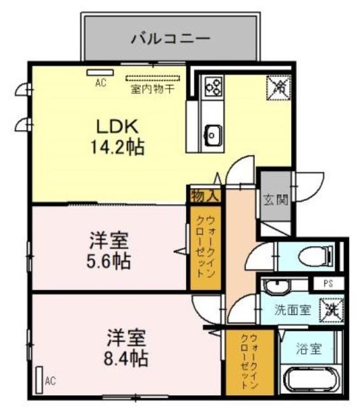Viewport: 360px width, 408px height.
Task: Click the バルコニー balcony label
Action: pyautogui.click(x=170, y=39)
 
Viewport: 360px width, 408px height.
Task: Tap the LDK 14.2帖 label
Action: pyautogui.click(x=117, y=137)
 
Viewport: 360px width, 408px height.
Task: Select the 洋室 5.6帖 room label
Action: pyautogui.click(x=108, y=251)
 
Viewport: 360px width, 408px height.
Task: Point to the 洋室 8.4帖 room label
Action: pyautogui.click(x=126, y=347)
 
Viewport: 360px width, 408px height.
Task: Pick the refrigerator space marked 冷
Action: pyautogui.click(x=278, y=88)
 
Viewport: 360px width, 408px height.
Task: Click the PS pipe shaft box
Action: pyautogui.click(x=329, y=283)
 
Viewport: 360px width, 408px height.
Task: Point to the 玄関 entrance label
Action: pyautogui.click(x=276, y=200)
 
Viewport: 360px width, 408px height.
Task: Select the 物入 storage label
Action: pyautogui.click(x=205, y=196)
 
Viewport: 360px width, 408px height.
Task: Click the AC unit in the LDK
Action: pyautogui.click(x=100, y=72)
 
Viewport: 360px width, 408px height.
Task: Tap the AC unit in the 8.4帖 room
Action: pyautogui.click(x=40, y=380)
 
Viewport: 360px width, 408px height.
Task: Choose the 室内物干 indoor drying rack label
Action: pyautogui.click(x=152, y=89)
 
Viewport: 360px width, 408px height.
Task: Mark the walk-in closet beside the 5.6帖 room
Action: pyautogui.click(x=206, y=247)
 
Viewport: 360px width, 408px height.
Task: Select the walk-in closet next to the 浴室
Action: pyautogui.click(x=250, y=362)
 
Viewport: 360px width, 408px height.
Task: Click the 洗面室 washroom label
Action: pyautogui.click(x=293, y=310)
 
